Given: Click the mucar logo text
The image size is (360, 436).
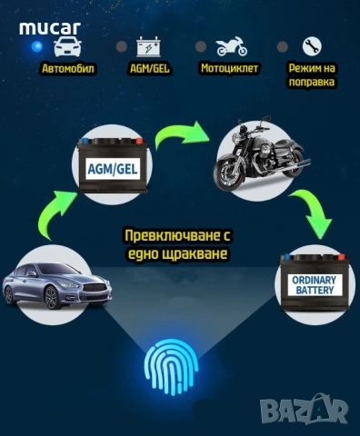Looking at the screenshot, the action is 50,26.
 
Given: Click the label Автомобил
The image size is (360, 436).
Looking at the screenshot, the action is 67,68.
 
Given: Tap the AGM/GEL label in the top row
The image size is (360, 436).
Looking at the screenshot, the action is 148,68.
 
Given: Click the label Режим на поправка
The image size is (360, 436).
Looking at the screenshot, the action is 311,74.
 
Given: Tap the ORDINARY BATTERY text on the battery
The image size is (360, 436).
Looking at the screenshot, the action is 314,285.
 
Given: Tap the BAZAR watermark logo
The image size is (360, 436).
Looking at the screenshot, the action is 304,411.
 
